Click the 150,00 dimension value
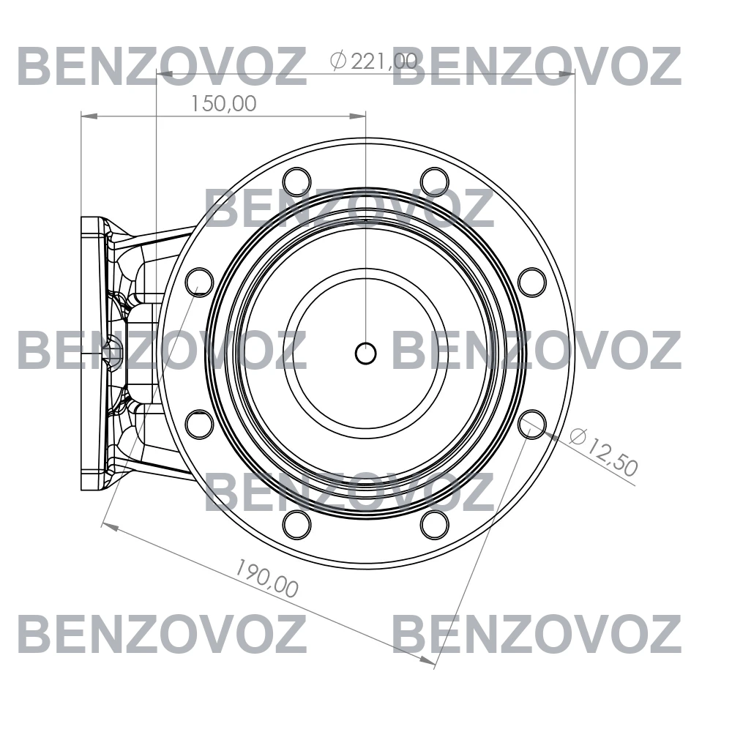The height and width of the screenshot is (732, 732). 223,104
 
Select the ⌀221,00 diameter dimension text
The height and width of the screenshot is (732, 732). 373,61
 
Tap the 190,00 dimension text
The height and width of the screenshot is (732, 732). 266,579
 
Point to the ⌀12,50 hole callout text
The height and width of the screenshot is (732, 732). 603,452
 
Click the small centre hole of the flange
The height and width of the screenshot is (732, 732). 365,354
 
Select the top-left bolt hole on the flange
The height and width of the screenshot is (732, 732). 296,182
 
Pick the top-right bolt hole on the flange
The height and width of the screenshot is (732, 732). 435,182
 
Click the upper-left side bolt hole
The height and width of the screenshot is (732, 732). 199,282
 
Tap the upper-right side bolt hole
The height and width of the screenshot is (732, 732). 532,282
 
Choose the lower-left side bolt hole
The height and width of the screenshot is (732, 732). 199,425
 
